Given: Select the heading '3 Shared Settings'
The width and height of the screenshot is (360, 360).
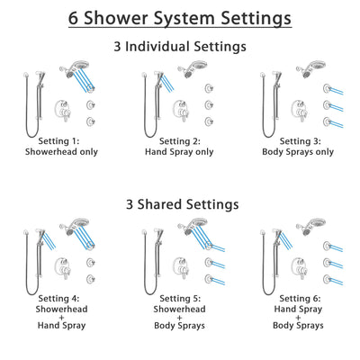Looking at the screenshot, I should [180, 204].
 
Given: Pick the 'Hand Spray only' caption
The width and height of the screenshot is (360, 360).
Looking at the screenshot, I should [179, 151].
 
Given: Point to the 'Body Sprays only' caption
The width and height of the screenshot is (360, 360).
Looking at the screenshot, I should [296, 151].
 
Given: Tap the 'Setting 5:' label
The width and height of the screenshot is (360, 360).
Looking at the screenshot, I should [179, 298].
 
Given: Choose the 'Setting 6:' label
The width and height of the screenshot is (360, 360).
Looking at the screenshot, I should [296, 298].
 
